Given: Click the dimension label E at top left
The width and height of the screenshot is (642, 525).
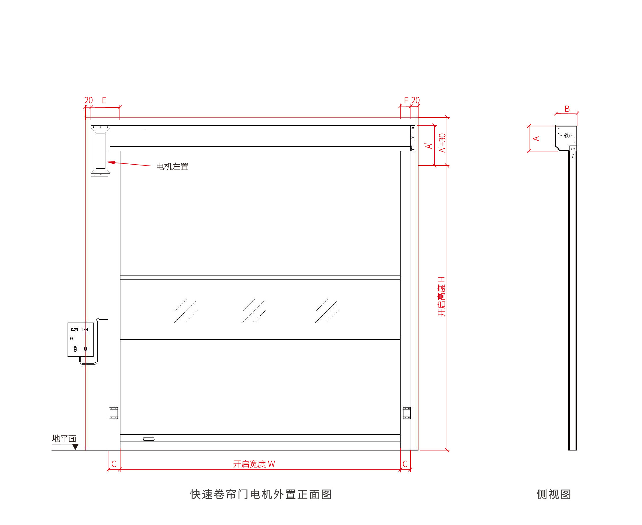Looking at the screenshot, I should point(104,100).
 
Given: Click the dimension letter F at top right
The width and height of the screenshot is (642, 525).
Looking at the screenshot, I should point(406,100).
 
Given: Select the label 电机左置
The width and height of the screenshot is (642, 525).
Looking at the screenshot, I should point(172,167).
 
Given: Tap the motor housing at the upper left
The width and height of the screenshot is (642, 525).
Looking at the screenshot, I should point(101,150).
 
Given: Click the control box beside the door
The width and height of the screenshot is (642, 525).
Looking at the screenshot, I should point(81,339).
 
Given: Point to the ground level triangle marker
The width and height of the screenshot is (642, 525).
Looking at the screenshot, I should point(75,447).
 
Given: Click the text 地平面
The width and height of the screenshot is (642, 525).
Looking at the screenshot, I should point(64,438).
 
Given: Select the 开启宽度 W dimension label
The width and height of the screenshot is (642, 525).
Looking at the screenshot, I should point(254,464).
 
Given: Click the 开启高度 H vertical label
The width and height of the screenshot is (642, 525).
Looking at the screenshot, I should point(442,296).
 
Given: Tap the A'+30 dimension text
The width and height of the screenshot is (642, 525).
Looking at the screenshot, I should point(442,143).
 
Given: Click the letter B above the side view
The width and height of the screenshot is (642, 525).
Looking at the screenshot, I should point(567,109).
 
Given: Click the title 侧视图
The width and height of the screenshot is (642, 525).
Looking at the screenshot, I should point(554,494).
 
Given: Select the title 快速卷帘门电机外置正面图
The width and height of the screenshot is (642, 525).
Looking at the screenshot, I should point(261,494).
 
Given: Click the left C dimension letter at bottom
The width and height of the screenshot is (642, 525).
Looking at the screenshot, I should point(114,464).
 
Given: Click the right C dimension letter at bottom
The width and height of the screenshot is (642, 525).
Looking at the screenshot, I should point(405,464).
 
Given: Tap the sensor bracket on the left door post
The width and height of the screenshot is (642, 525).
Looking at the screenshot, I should point(114,413).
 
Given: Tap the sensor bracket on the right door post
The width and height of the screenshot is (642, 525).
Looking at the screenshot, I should point(407,413).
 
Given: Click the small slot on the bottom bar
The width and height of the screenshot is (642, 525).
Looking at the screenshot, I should point(149,439).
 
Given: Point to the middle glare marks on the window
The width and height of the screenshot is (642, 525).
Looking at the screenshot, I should point(254,311).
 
